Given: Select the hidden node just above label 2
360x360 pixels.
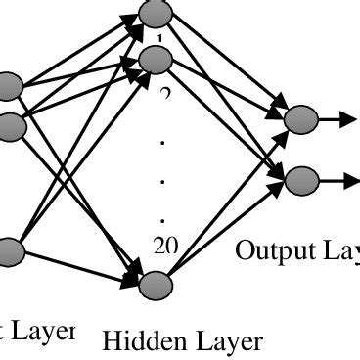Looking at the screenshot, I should coord(156,60).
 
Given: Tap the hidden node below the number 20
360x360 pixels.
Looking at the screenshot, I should coord(155,285).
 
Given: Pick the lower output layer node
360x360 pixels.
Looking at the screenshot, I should coord(302,179).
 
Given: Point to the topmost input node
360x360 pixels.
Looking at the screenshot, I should coord(9,86).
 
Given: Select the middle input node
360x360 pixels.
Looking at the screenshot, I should coord(9,124).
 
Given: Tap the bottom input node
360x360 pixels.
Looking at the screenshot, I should coord(9,251).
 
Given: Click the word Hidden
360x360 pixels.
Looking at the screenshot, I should coord(136,341).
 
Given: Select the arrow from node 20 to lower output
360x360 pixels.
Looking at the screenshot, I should coord(230,231).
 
